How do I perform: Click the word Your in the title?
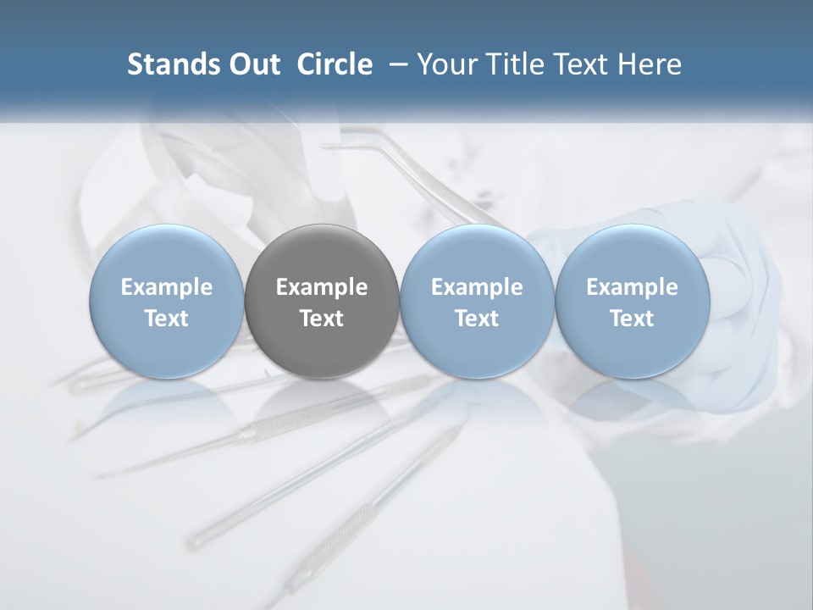444,64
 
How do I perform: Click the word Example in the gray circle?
322,287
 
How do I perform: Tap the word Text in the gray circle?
322,319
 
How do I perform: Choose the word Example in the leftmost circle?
167,287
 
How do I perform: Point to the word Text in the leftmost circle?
167,319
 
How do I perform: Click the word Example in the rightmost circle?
632,287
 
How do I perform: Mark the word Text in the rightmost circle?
632,319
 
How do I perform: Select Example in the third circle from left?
477,287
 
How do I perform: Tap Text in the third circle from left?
477,319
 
